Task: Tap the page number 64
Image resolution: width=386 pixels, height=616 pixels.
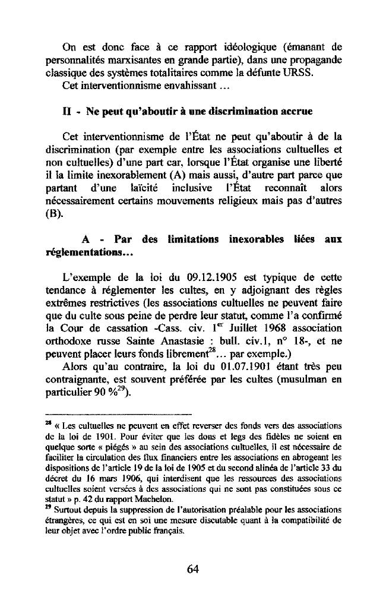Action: pos(192,569)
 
